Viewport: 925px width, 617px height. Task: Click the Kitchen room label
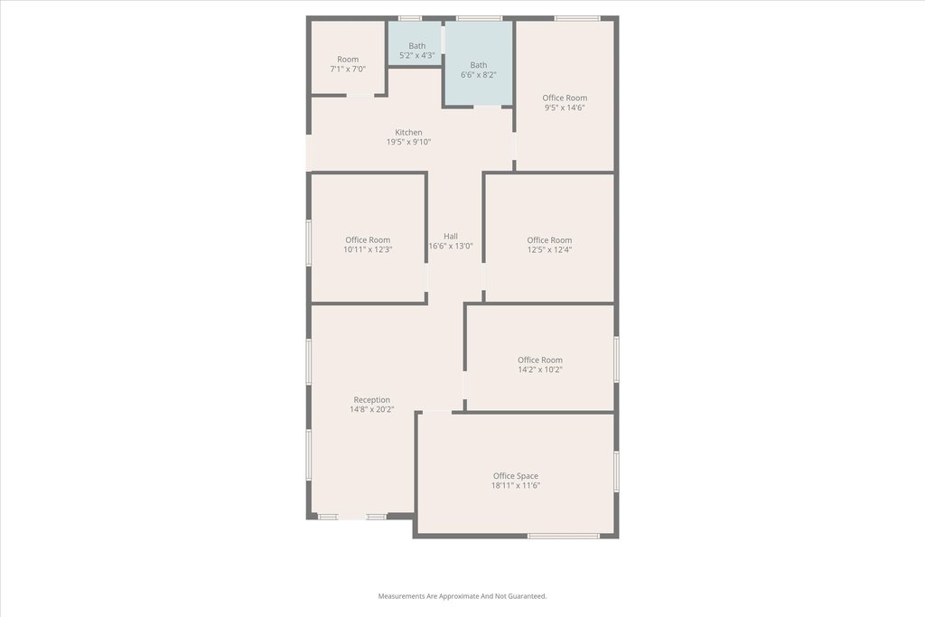point(408,132)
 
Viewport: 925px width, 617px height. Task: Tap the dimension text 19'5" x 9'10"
point(408,142)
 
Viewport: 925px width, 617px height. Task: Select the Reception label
point(371,400)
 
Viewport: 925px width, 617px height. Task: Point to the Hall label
point(451,236)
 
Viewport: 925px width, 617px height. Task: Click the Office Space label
point(516,476)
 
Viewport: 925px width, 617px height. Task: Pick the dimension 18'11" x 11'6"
point(516,485)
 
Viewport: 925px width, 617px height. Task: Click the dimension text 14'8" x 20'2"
point(371,409)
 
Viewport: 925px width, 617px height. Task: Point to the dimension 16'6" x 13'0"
point(451,246)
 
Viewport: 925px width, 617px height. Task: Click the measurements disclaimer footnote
point(462,596)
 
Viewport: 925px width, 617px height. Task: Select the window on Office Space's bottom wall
point(564,536)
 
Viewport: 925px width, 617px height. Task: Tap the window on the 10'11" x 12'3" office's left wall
point(309,242)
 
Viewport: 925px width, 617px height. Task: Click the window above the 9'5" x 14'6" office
point(577,18)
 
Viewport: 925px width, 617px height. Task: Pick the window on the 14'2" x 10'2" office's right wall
point(616,360)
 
